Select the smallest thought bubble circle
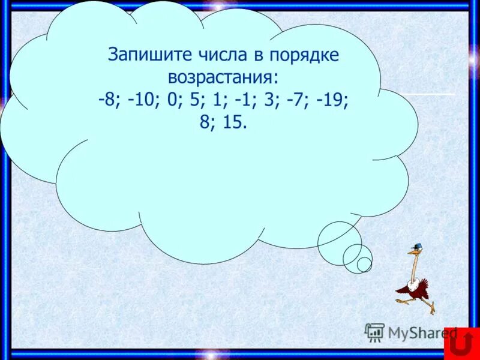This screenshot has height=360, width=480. (364, 264)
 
